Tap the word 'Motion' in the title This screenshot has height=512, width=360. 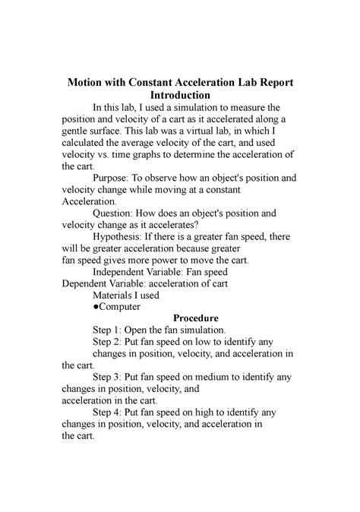(x=89, y=82)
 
